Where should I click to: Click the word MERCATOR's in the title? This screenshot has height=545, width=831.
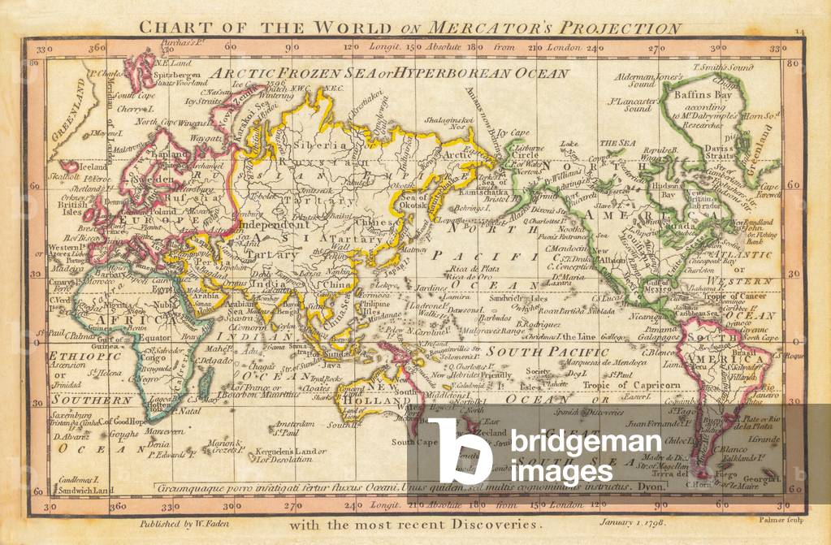point(497,28)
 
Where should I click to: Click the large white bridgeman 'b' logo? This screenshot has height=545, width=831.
point(461,452)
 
